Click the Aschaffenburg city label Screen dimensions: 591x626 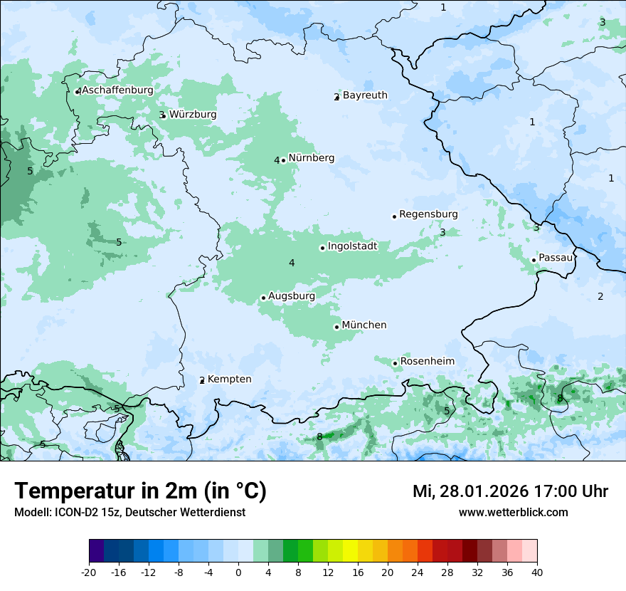[x=117, y=90]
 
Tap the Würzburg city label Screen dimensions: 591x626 [x=193, y=115]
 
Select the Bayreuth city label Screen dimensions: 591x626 [x=365, y=95]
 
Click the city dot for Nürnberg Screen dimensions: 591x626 [x=283, y=160]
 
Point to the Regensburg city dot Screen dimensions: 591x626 [x=394, y=216]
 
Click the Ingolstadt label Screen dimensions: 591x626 [x=352, y=246]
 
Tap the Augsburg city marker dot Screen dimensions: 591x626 [x=263, y=298]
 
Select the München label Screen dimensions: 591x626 [x=364, y=325]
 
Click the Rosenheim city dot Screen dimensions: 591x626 [x=395, y=363]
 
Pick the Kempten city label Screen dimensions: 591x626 [x=229, y=380]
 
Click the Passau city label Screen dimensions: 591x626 [x=556, y=258]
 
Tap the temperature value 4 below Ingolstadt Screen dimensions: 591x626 [x=292, y=263]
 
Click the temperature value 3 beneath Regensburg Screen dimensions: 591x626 [x=442, y=232]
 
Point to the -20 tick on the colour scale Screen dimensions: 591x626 [x=89, y=572]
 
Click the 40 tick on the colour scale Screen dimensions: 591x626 [x=537, y=572]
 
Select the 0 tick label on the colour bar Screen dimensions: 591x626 [x=238, y=572]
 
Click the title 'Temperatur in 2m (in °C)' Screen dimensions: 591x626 [x=140, y=491]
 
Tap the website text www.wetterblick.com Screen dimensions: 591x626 [x=513, y=512]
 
